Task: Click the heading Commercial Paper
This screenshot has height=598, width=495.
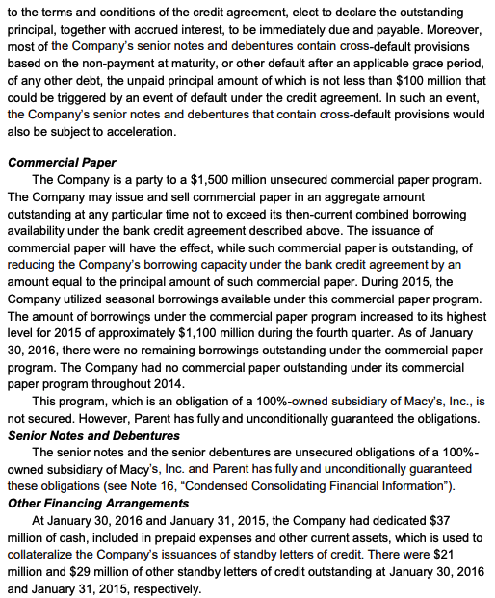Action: click(x=62, y=162)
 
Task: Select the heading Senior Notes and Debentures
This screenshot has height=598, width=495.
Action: click(x=93, y=436)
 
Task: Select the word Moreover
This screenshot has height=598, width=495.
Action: click(x=452, y=26)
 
